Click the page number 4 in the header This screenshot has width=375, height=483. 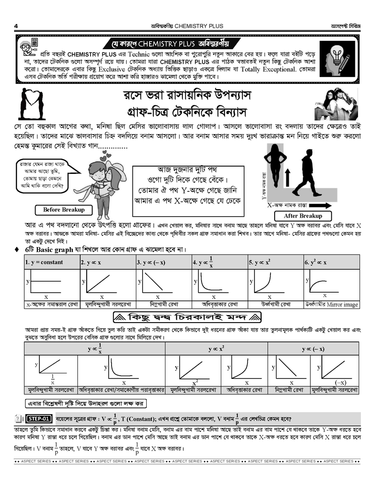16,26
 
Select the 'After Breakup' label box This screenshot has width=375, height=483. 303,216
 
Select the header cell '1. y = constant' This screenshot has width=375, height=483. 51,262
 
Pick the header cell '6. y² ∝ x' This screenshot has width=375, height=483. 330,262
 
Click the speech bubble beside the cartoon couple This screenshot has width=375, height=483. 41,176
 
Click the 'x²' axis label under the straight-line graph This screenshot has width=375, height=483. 195,383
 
